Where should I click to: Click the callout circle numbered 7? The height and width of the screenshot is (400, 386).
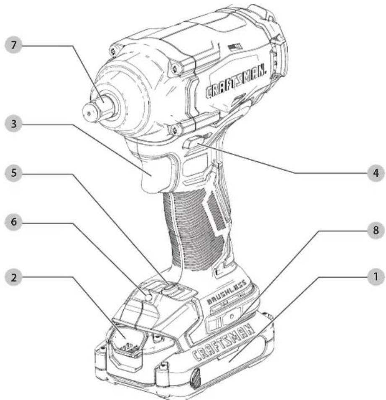(13, 45)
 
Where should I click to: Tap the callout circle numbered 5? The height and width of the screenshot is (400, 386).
(13, 173)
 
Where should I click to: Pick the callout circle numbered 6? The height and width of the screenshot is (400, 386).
(13, 222)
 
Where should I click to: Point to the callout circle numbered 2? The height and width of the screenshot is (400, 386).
(13, 277)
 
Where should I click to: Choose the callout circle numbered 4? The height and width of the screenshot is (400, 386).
(376, 173)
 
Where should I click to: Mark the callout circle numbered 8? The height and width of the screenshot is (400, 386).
(376, 230)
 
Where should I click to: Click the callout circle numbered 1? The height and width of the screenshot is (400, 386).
(376, 277)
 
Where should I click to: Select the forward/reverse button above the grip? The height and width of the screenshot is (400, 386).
(197, 141)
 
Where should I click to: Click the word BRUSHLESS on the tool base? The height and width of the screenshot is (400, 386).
(226, 292)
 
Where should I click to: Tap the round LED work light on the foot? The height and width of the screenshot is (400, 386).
(149, 297)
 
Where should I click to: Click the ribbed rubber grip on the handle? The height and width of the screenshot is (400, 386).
(194, 230)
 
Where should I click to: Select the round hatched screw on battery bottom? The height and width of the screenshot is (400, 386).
(195, 377)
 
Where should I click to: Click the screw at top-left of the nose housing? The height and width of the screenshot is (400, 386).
(112, 51)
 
